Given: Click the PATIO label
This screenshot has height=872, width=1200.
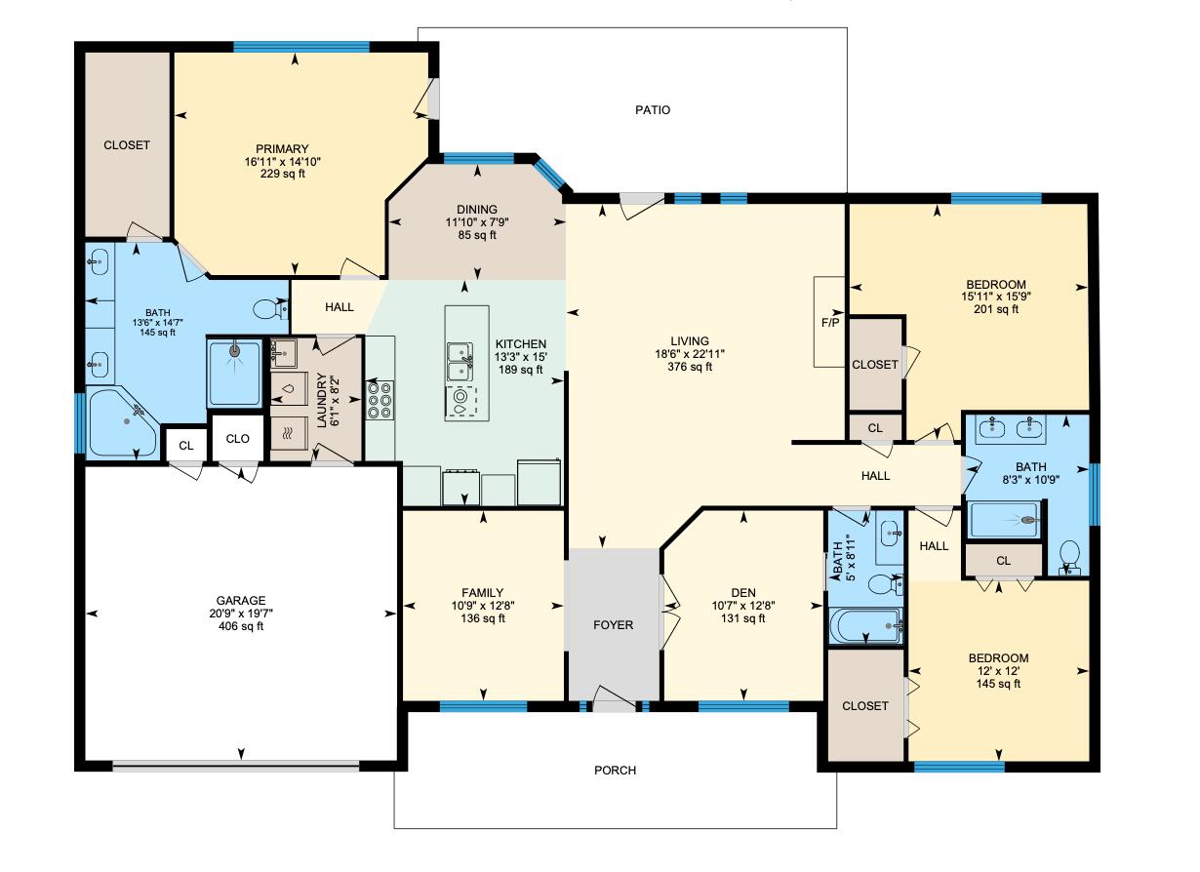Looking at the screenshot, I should pyautogui.click(x=653, y=110).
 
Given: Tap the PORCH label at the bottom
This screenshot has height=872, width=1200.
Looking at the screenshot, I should pyautogui.click(x=615, y=771).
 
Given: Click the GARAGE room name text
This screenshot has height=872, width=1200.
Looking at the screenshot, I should pyautogui.click(x=241, y=600).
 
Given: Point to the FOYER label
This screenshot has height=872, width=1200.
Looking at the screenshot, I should pyautogui.click(x=614, y=625).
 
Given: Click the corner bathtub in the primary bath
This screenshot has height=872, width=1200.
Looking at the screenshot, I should pyautogui.click(x=122, y=422).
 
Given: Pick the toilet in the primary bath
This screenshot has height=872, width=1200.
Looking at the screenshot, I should pyautogui.click(x=268, y=309).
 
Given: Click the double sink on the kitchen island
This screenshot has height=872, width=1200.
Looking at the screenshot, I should pyautogui.click(x=459, y=361).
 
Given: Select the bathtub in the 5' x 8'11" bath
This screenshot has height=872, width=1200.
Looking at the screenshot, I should pyautogui.click(x=864, y=625).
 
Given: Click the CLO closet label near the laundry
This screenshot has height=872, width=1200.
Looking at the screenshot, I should pyautogui.click(x=237, y=439).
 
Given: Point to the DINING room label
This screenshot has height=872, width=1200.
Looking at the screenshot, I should pyautogui.click(x=476, y=209).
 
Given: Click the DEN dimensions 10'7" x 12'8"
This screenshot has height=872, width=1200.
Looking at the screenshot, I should pyautogui.click(x=743, y=605).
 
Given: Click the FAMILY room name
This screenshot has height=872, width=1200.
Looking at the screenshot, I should pyautogui.click(x=482, y=592).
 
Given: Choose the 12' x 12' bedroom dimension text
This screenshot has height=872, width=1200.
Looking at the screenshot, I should pyautogui.click(x=997, y=671).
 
